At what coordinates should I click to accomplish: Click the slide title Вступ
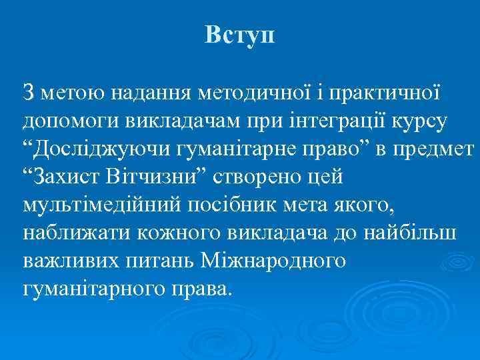point(239,34)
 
